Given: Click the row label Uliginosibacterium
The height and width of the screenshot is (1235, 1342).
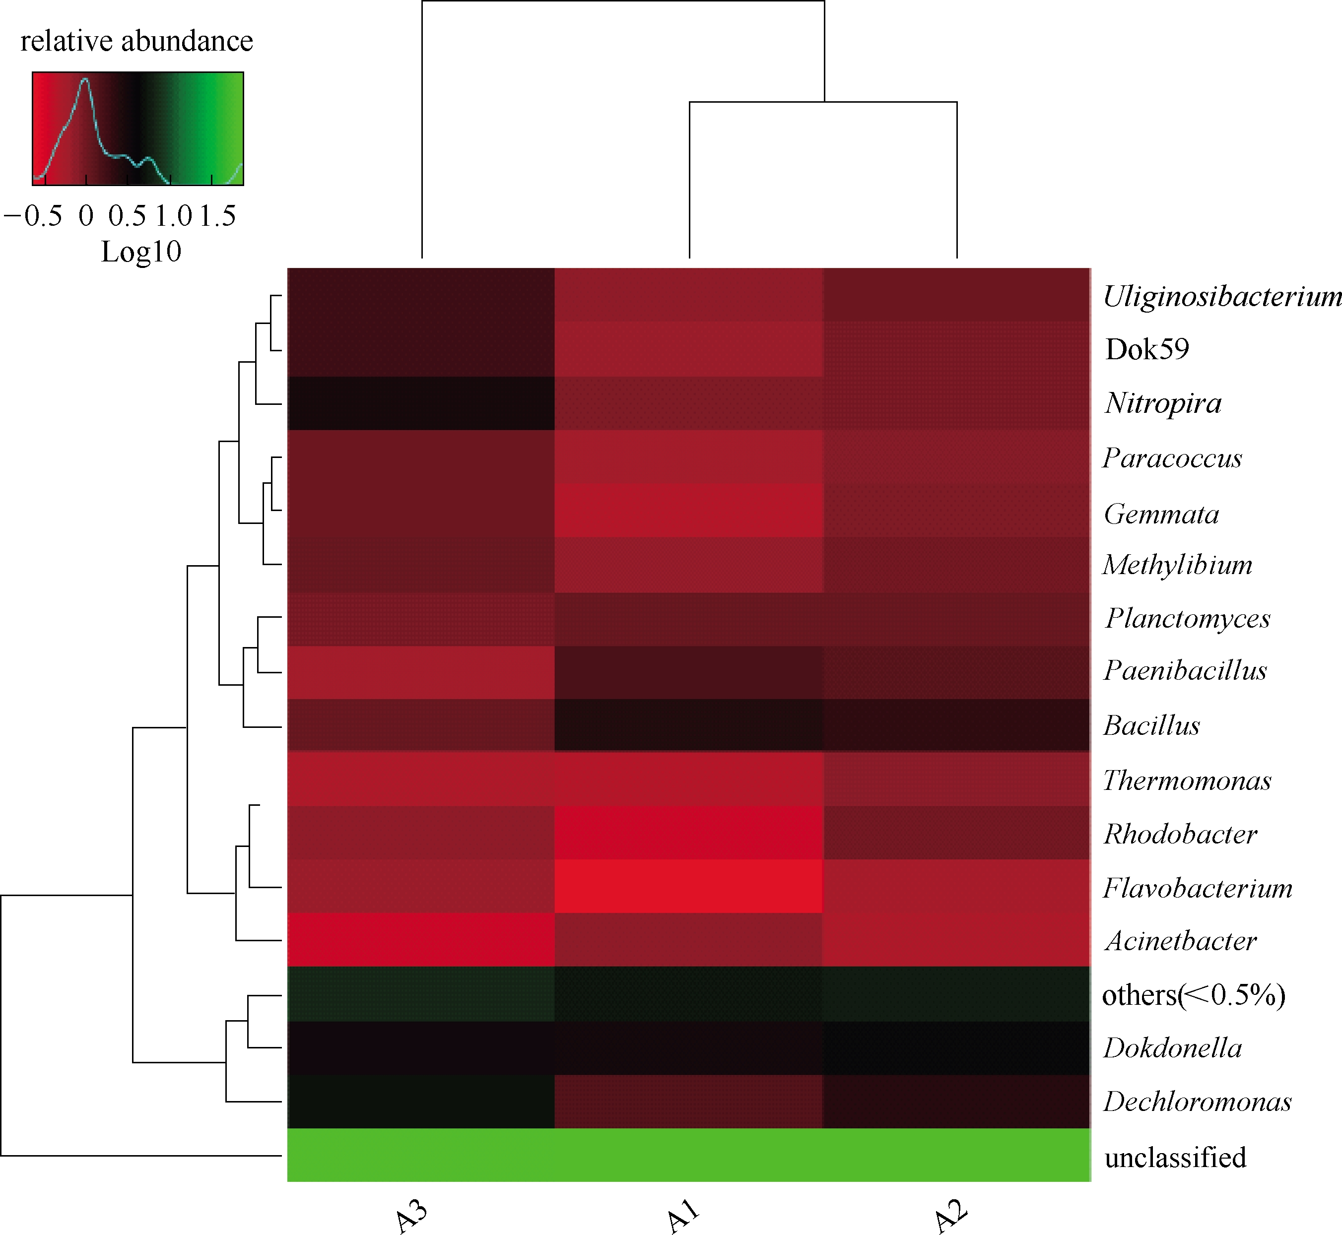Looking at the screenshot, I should point(1222,296).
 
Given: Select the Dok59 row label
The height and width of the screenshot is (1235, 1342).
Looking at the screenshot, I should point(1147,349).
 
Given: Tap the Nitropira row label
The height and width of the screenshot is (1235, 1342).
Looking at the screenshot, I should point(1163,403).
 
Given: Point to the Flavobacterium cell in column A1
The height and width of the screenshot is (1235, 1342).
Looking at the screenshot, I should point(688,886).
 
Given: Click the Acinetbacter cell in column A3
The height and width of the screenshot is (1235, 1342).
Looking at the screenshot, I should point(421,940).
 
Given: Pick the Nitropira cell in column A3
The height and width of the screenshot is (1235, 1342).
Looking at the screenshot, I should point(421,403).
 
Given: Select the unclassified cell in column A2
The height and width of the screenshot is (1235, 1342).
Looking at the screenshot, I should point(956,1156).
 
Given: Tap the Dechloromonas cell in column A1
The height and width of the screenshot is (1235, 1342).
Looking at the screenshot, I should point(688,1102).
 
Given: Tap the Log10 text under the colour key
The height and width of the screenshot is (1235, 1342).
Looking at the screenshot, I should point(141,252).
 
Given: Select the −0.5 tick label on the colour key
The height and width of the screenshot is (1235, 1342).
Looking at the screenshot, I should point(33,216).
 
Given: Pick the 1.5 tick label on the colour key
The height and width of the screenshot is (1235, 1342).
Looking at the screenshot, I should point(217,216).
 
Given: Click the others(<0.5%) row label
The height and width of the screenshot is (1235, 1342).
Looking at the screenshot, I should point(1194,995).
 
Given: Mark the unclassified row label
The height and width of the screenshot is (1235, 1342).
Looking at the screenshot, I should point(1175,1157).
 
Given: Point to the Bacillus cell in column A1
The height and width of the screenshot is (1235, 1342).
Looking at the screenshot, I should point(688,725).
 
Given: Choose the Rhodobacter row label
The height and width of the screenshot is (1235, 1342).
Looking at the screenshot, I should point(1180,834).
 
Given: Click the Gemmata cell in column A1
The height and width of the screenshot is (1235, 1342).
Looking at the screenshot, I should point(688,511).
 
